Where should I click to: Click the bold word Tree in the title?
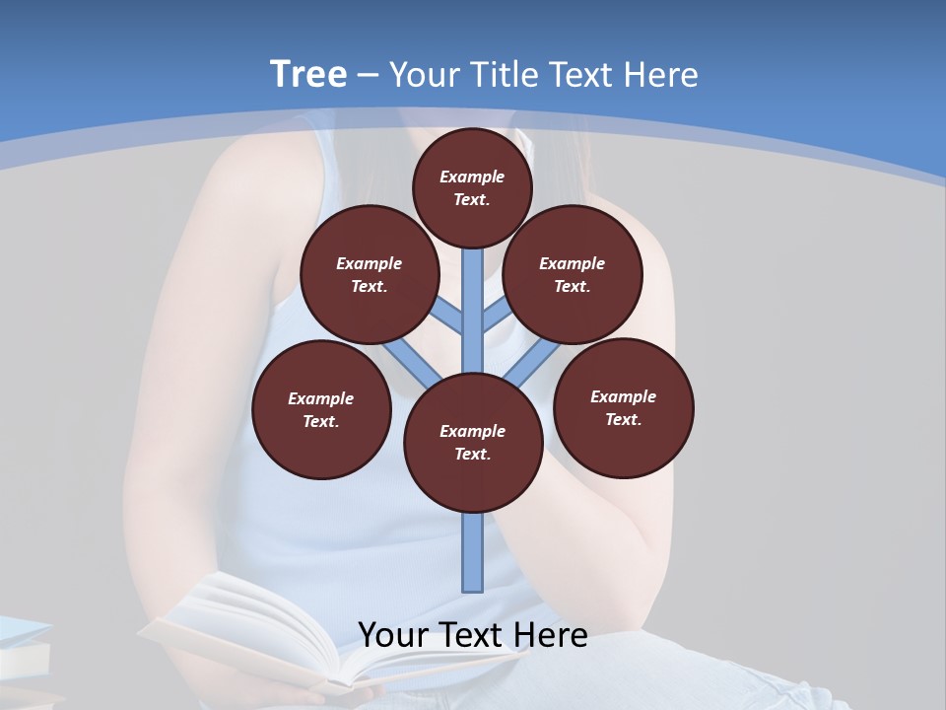(308, 74)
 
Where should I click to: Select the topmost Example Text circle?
(472, 187)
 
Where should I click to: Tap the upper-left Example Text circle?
(369, 274)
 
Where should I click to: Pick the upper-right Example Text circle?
(573, 274)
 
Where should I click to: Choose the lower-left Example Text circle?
(321, 409)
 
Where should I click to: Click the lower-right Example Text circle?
(623, 407)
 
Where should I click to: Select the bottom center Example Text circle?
(473, 442)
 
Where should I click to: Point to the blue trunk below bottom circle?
(473, 552)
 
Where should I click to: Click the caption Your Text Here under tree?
(472, 634)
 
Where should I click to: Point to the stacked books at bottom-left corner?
(25, 656)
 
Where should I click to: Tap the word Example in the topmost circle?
(472, 177)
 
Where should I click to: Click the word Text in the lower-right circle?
(623, 419)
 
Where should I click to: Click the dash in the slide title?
(369, 75)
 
